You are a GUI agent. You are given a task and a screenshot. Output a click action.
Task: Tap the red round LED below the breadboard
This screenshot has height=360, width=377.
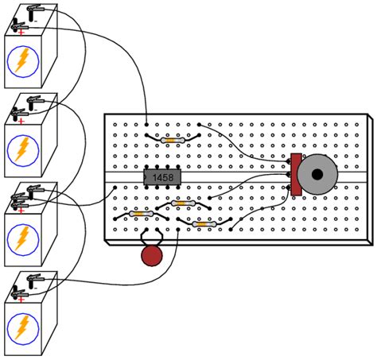pyautogui.click(x=150, y=256)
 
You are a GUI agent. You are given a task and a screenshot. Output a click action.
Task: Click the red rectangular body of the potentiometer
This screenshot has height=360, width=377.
pyautogui.click(x=296, y=174)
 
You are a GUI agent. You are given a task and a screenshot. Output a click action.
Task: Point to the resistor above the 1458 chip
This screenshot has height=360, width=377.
pyautogui.click(x=171, y=140)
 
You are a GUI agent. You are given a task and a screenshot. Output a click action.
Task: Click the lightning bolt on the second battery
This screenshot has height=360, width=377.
pyautogui.click(x=25, y=149)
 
